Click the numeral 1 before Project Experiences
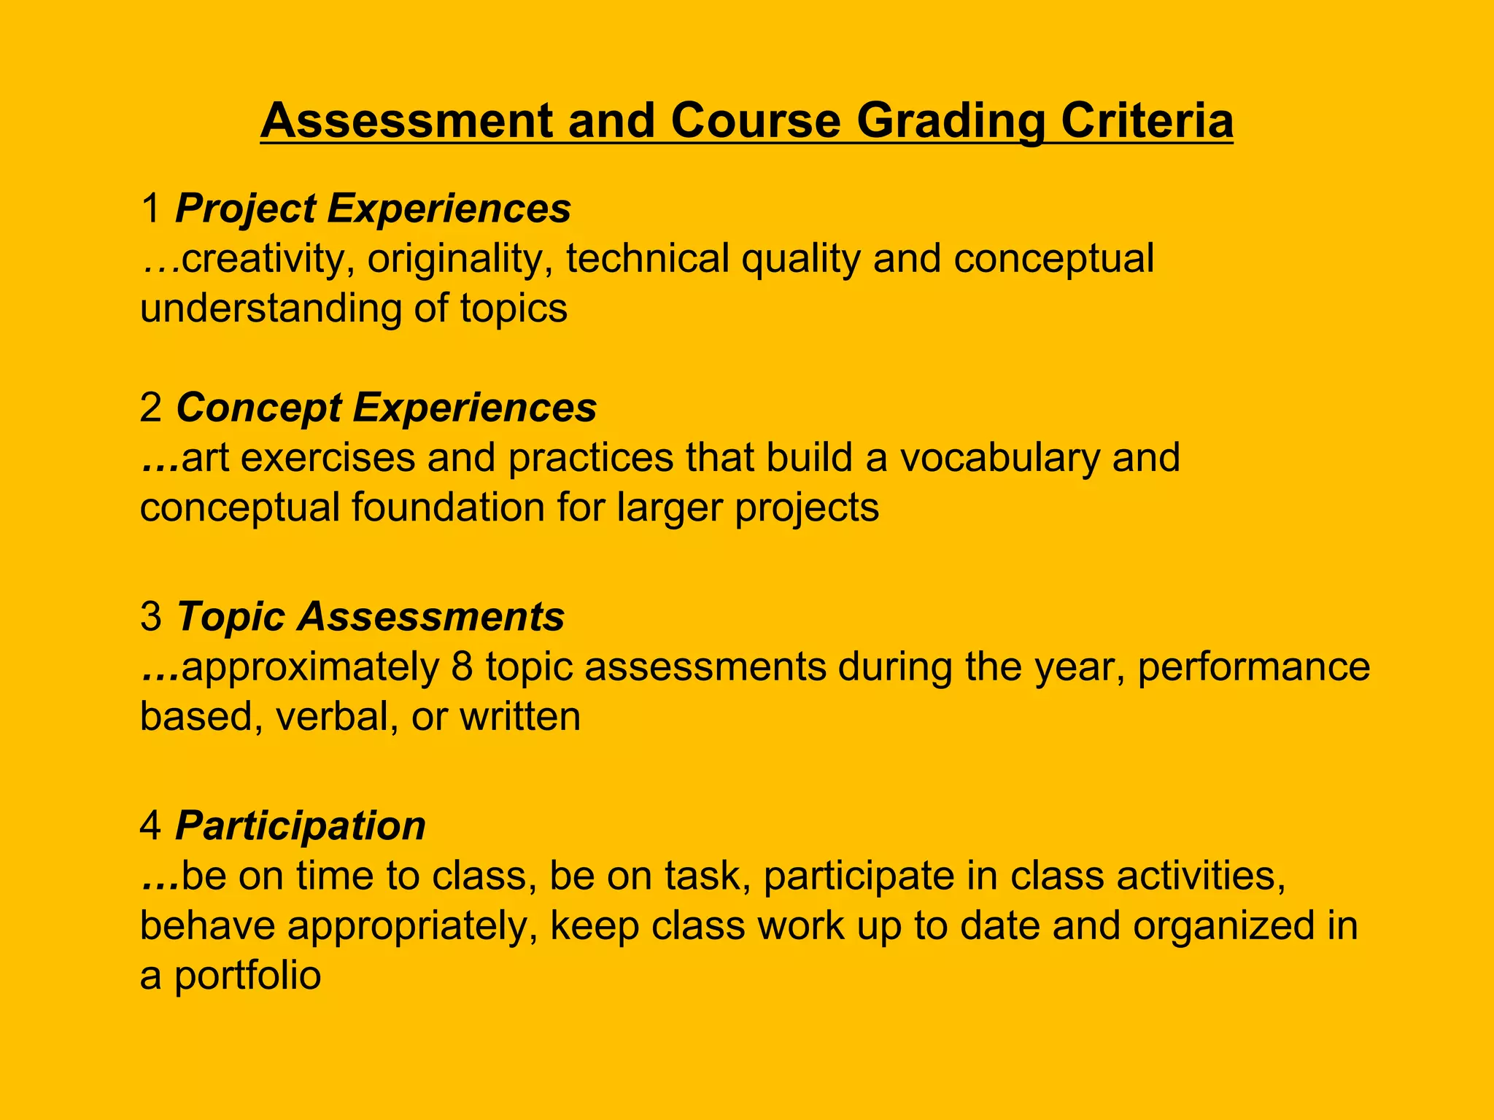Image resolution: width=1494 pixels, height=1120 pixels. (151, 209)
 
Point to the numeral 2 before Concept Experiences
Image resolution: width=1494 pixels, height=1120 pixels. (151, 408)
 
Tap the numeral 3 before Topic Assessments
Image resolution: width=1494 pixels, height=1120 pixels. (151, 617)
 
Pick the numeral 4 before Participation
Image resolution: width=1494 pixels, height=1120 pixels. (151, 826)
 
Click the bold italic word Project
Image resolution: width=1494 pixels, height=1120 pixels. (245, 210)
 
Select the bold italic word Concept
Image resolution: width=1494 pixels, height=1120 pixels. (258, 408)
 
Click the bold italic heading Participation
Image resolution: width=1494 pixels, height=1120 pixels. (301, 827)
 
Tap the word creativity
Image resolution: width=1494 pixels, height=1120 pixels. (262, 260)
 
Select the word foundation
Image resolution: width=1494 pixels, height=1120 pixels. (448, 507)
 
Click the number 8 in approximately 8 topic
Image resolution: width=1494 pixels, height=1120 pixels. (462, 667)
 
